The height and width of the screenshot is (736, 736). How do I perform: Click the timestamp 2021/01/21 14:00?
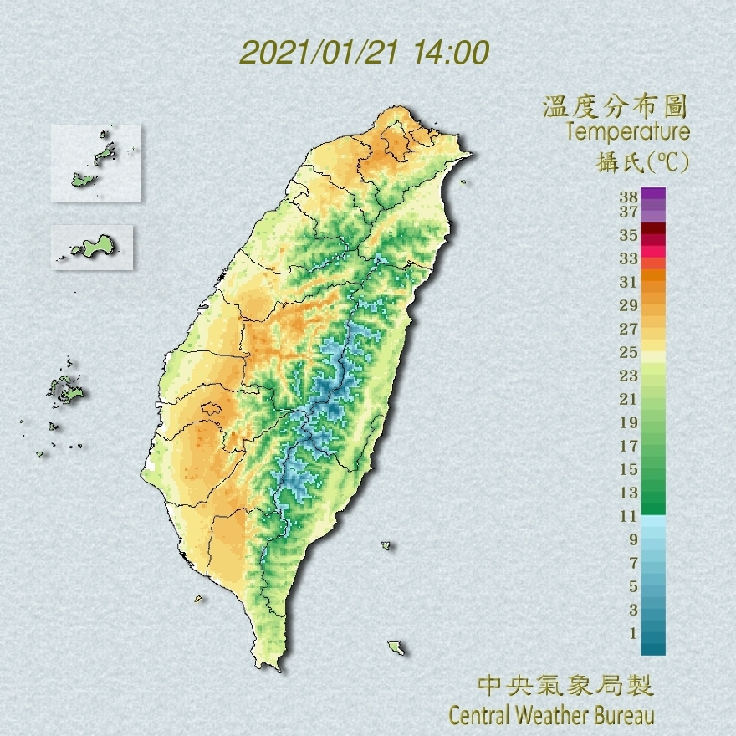pos(364,53)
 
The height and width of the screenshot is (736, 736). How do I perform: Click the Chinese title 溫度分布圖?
pos(615,107)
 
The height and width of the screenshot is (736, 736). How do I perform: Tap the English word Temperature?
pos(627,132)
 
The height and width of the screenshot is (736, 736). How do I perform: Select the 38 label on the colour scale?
pos(629,198)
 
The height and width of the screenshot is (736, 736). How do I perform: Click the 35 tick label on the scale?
pos(629,236)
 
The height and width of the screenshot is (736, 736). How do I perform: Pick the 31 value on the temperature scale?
pos(629,281)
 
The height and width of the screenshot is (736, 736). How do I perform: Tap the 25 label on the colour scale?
pos(629,351)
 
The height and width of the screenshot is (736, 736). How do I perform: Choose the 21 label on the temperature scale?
pos(629,399)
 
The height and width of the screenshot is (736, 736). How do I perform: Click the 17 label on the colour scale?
pos(629,446)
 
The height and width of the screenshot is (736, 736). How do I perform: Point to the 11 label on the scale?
pos(629,516)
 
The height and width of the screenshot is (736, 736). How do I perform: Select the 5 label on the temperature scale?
pos(633,585)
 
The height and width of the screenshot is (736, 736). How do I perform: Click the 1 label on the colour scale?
pos(633,632)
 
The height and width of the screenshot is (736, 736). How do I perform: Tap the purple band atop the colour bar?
pos(653,194)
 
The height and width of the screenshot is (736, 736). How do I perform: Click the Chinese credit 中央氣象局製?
pos(565,687)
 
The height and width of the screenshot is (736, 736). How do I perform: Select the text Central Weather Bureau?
pos(551,716)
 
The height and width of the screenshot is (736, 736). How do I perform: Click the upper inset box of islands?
pos(95,163)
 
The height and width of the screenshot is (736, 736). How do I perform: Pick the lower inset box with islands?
pos(92,247)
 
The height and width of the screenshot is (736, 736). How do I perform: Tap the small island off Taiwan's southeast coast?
pos(396,647)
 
